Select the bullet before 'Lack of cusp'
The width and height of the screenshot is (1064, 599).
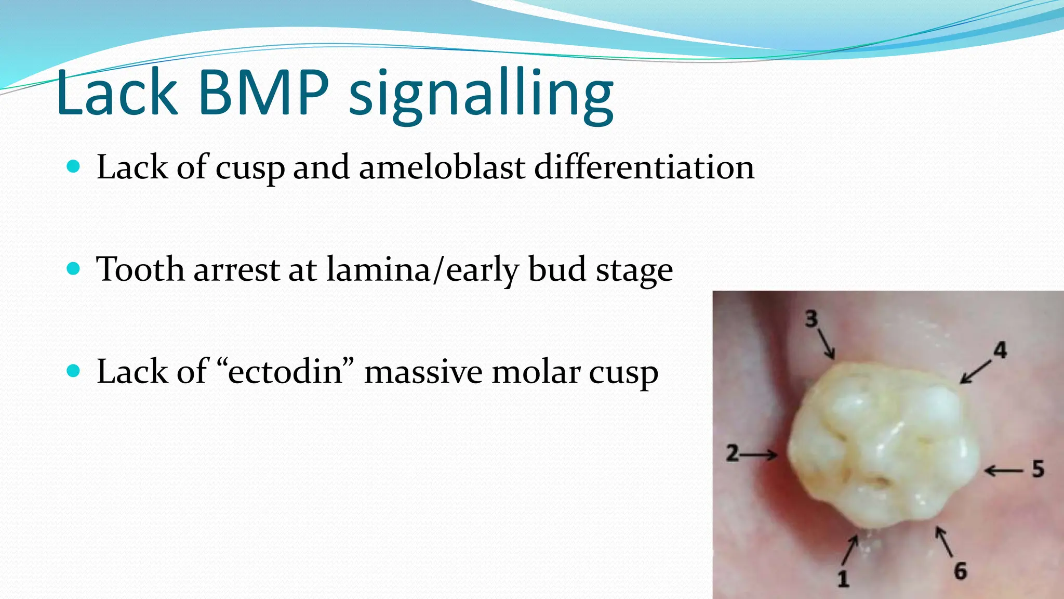click(74, 167)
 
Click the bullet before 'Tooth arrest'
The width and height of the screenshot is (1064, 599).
click(74, 269)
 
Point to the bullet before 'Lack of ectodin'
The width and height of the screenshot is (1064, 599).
click(74, 371)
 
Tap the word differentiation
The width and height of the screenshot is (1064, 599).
click(644, 167)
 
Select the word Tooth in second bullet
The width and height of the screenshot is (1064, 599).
click(140, 269)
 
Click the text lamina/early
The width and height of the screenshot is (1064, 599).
click(422, 270)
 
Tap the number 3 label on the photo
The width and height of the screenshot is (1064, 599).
click(812, 319)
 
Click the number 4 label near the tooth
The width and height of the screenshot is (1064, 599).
click(1000, 350)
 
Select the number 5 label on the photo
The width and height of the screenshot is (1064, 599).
click(1038, 469)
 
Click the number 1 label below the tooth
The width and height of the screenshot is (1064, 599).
click(843, 578)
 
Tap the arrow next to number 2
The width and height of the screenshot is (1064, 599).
click(760, 455)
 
